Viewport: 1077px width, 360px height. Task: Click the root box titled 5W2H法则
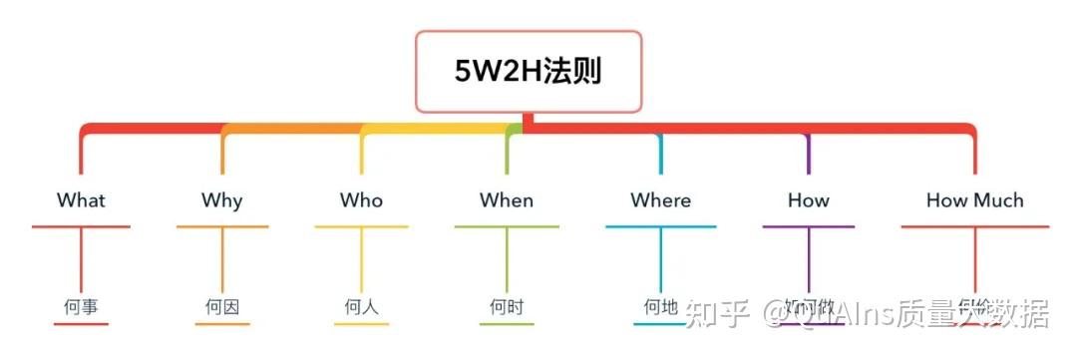(529, 71)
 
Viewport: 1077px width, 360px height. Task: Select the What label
(81, 199)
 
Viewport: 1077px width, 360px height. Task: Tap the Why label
(221, 199)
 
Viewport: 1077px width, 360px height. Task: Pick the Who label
(361, 199)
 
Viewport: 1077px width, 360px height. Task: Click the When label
(507, 199)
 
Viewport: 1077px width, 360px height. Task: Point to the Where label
(660, 199)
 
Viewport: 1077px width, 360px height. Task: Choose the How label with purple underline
(808, 199)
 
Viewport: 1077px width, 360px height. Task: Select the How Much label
(974, 199)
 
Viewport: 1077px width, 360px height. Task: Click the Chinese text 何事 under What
(81, 307)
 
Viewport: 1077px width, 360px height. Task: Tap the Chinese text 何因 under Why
(221, 307)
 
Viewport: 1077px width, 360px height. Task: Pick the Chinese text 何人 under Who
(361, 307)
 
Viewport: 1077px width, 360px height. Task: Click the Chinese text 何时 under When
(507, 307)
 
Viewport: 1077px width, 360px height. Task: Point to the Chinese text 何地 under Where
(660, 307)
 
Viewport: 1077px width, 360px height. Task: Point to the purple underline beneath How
(808, 227)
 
